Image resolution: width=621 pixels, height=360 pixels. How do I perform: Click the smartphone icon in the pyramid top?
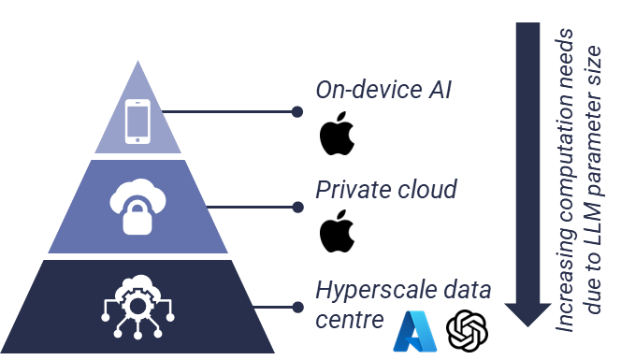pos(137,122)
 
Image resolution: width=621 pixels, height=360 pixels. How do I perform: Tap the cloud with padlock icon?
pos(137,207)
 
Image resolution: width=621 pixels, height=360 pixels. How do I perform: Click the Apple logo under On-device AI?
pos(337,133)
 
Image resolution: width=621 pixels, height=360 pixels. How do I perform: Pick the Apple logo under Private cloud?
pos(337,231)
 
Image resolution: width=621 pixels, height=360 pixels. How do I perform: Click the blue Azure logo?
pos(415,332)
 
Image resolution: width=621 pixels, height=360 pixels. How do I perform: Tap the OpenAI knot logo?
pos(467,331)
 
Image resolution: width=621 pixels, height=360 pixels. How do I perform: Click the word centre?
pos(350,320)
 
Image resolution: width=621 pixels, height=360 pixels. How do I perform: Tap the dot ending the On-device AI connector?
pos(297,112)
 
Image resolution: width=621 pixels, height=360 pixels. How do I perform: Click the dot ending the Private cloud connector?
pos(297,208)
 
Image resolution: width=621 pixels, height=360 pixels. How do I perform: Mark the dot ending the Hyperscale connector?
pos(297,307)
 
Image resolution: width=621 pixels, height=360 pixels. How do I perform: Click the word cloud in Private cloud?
pos(427,189)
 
